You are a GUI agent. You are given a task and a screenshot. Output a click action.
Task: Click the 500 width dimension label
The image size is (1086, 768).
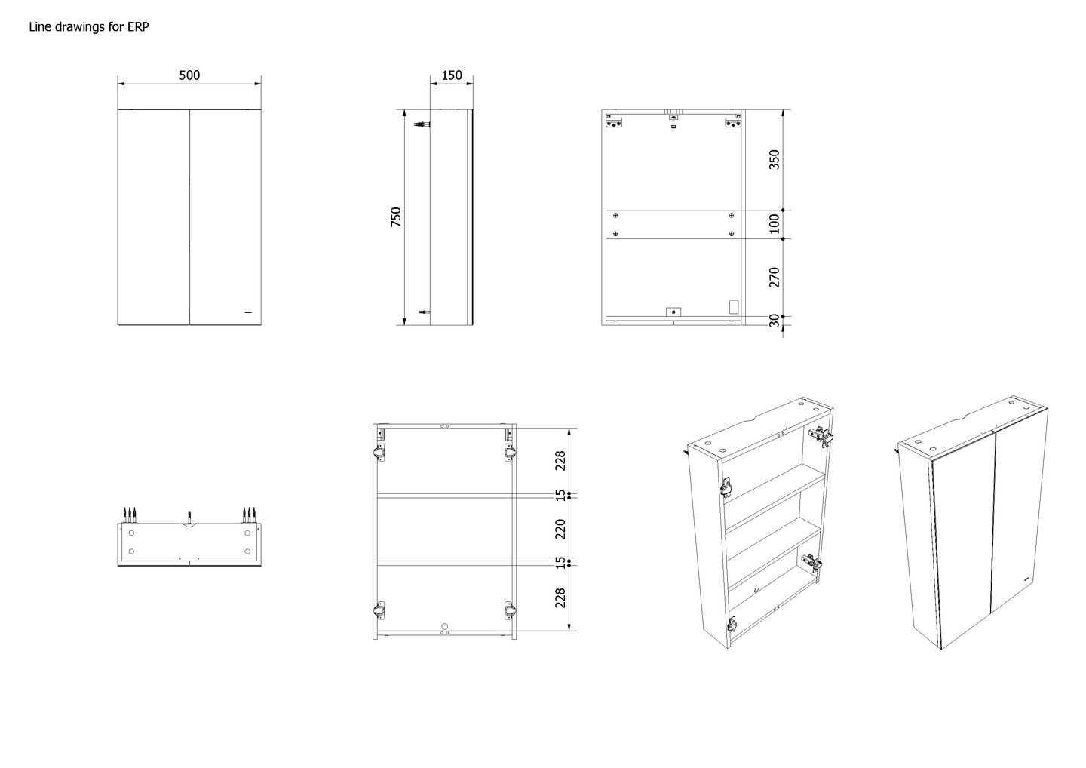(x=189, y=75)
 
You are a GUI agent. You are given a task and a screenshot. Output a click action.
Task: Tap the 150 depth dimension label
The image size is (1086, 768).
(x=451, y=75)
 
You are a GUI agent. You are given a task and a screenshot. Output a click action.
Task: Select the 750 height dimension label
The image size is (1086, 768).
(x=396, y=217)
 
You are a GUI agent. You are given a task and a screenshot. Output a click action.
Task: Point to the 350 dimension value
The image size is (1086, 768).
(x=775, y=159)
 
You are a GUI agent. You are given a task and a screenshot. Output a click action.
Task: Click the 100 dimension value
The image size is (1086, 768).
(x=775, y=223)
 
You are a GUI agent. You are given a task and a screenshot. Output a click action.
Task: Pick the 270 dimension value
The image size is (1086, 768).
(x=775, y=277)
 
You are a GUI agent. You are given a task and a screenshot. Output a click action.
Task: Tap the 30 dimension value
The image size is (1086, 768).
(x=775, y=320)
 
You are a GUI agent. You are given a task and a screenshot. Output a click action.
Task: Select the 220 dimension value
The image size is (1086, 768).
(x=560, y=529)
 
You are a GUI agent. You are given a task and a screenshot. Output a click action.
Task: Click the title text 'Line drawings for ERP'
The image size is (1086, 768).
(x=89, y=26)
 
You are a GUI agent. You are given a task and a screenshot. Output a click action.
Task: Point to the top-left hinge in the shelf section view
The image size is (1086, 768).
(x=379, y=452)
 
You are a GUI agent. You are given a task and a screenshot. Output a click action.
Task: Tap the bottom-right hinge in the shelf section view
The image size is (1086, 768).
(x=509, y=611)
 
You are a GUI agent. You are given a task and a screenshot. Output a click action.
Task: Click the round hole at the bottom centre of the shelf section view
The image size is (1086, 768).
(x=445, y=626)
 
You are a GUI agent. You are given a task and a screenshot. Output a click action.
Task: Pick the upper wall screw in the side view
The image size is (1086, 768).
(x=422, y=124)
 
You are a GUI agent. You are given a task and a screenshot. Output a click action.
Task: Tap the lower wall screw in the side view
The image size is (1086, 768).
(x=424, y=312)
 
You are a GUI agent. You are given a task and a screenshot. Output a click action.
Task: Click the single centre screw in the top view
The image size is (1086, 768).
(x=189, y=517)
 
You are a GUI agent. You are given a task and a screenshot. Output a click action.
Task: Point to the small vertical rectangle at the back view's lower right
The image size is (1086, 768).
(x=734, y=306)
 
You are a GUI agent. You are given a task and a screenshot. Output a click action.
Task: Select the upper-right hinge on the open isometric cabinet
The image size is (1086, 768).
(x=821, y=436)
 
